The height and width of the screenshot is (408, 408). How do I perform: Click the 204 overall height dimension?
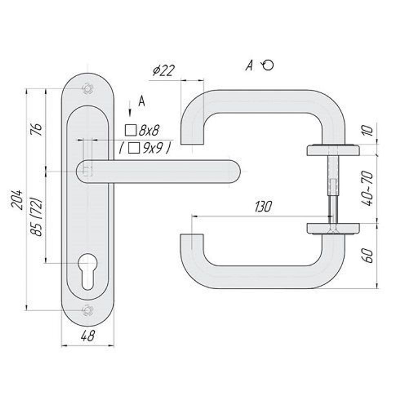(x=17, y=200)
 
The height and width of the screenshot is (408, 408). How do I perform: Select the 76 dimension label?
(x=38, y=129)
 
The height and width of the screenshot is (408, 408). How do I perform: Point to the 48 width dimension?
(x=88, y=336)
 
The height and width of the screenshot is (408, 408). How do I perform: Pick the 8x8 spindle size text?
(x=149, y=131)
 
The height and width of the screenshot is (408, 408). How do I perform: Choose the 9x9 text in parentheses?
(x=153, y=149)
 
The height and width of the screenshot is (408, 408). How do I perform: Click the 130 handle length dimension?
(x=263, y=207)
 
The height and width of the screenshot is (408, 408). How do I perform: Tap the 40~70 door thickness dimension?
(x=368, y=188)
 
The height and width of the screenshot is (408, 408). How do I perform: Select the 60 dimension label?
(x=368, y=256)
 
